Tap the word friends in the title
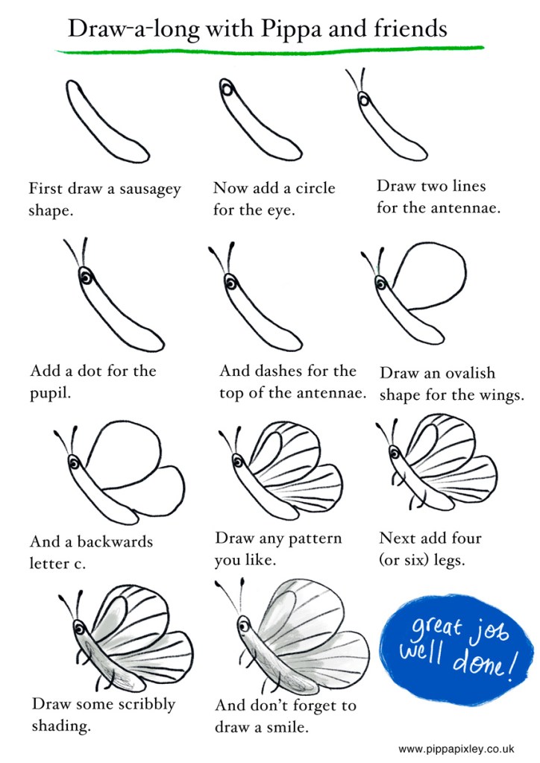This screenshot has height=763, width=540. click(x=411, y=28)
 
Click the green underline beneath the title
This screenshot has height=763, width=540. click(x=270, y=48)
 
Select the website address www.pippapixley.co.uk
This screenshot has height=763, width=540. click(x=456, y=749)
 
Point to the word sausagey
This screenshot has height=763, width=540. click(x=151, y=189)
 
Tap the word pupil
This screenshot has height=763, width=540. click(x=50, y=393)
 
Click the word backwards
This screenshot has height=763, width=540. click(x=115, y=541)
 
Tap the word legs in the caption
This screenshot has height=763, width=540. click(x=448, y=561)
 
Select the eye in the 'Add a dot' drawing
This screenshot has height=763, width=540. click(x=86, y=278)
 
